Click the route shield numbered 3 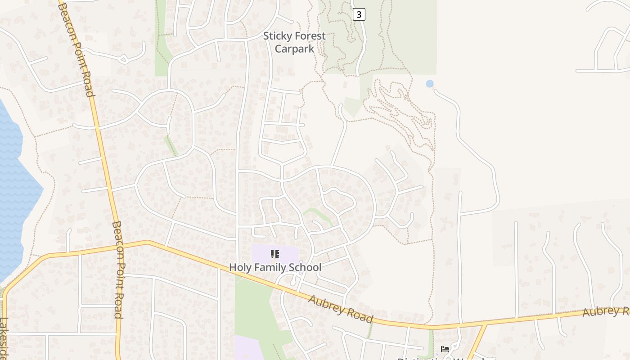358,14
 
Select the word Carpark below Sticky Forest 294,49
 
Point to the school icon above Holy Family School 275,254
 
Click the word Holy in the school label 239,267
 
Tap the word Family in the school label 268,267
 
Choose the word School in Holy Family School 305,267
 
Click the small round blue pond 430,84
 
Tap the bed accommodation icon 445,349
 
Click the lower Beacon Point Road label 118,270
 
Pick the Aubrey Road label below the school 341,309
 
